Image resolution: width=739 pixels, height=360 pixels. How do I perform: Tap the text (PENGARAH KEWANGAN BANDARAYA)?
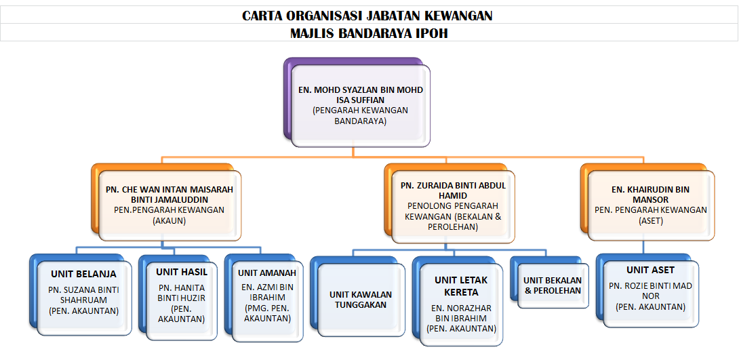pyautogui.click(x=361, y=115)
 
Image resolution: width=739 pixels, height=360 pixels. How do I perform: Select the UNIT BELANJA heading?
pyautogui.click(x=84, y=274)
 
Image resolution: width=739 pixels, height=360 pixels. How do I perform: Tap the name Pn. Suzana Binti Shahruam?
pyautogui.click(x=84, y=294)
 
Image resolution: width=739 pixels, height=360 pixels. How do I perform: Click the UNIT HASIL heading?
pyautogui.click(x=182, y=272)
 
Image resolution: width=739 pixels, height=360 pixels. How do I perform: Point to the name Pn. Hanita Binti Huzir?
pyautogui.click(x=182, y=292)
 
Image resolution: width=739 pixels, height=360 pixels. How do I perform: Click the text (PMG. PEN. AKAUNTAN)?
pyautogui.click(x=266, y=314)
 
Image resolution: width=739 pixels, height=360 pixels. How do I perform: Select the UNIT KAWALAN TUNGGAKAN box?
pyautogui.click(x=361, y=299)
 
